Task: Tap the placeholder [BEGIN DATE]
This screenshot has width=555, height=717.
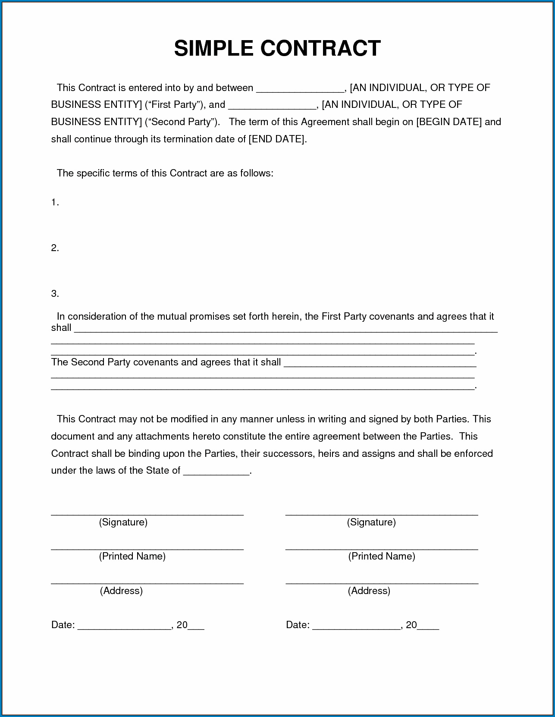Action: point(448,122)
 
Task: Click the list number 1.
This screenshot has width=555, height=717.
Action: point(54,202)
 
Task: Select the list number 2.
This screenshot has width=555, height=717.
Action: point(54,248)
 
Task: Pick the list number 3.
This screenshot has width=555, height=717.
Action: point(54,294)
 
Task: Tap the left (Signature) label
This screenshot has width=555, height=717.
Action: point(123,522)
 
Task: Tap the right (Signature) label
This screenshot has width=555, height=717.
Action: point(371,522)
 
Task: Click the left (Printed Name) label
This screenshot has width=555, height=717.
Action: point(132,556)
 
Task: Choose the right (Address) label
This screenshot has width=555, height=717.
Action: point(369,591)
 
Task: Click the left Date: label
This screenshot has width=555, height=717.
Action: point(63,625)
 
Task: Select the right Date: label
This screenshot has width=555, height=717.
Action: point(298,625)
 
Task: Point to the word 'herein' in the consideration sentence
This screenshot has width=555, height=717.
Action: point(285,316)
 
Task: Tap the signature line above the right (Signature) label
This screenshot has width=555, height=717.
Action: point(382,514)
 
